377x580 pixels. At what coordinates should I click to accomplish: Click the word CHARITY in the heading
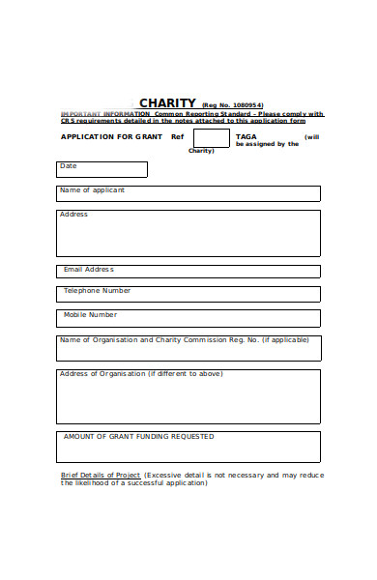167,103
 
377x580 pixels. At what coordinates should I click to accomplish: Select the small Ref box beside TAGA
211,137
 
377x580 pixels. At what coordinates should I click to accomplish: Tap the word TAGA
246,137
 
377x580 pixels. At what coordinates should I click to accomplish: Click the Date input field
101,170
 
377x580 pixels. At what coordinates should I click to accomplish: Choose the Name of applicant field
188,193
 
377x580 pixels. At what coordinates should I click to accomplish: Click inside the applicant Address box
188,233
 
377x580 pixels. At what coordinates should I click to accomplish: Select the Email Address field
188,272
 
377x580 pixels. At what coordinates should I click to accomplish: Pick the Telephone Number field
188,294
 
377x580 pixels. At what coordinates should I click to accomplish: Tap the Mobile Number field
188,318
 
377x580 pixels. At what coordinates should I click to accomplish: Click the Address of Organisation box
188,397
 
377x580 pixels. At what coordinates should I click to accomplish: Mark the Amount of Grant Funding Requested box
188,447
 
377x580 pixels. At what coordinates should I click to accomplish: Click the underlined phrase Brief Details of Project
101,476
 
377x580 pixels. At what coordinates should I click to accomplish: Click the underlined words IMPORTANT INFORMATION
92,114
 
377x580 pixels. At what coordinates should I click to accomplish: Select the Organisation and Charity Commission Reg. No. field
188,348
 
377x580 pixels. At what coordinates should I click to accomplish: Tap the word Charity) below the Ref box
201,151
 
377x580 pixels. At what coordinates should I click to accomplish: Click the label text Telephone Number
97,291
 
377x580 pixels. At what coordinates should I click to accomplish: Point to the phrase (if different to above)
185,374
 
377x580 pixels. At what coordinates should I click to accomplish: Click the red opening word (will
311,137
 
